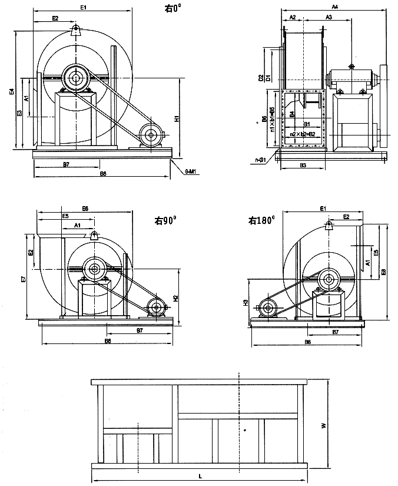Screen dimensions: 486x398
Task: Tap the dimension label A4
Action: [334, 6]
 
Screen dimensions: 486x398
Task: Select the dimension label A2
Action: [293, 18]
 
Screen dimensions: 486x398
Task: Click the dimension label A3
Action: [329, 18]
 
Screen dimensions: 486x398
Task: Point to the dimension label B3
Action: [303, 166]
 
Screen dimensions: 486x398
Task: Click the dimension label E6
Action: [85, 209]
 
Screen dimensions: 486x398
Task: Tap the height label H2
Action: [176, 298]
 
